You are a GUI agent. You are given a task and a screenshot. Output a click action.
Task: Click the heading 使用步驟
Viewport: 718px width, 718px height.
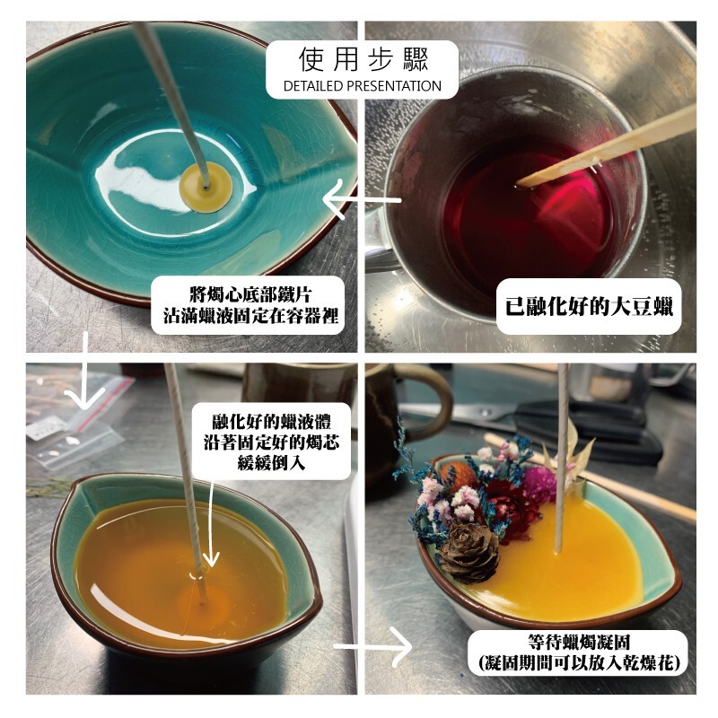tap(363, 59)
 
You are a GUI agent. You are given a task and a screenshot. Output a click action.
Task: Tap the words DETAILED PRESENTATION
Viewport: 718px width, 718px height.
tap(363, 86)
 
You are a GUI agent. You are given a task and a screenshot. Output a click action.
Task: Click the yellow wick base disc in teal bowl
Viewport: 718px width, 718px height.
tap(206, 188)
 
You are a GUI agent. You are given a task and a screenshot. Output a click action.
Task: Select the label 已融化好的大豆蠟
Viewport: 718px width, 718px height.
tap(590, 306)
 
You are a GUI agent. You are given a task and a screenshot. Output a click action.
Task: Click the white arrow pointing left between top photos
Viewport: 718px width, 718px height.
tap(362, 199)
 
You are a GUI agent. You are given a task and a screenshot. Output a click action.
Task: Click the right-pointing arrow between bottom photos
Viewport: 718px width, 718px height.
tap(373, 646)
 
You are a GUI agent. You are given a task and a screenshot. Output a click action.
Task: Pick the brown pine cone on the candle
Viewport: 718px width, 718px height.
tap(469, 553)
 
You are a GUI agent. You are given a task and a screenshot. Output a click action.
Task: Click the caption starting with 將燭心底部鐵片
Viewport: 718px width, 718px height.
tap(250, 305)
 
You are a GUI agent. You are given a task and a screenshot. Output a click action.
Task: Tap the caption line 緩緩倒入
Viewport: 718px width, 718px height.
tap(271, 463)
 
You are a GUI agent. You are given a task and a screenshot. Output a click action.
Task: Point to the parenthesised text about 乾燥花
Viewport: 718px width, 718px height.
tap(578, 662)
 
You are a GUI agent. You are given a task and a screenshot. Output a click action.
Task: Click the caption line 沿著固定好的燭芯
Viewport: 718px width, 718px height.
tap(271, 442)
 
